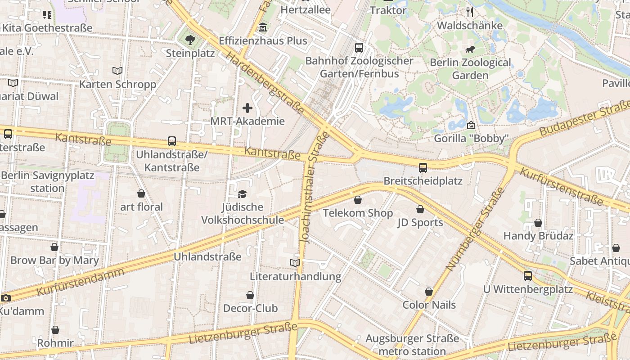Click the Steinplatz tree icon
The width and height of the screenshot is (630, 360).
pos(190,40)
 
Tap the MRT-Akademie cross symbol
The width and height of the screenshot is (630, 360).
pos(247,108)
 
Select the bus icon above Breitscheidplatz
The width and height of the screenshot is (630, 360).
pos(423,168)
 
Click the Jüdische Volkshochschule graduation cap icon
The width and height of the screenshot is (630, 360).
pos(243,194)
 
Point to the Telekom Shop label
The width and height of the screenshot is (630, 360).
pos(358,213)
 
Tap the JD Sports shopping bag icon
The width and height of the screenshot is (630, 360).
pos(420,209)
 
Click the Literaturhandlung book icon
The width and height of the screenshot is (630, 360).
pos(295,263)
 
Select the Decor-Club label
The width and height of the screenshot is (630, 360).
pos(250,308)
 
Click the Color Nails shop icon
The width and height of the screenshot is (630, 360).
pos(429,292)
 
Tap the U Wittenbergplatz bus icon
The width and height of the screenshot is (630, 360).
pos(528,275)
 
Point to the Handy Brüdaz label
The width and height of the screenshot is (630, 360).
pos(538,236)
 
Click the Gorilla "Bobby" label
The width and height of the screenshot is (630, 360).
pos(471,138)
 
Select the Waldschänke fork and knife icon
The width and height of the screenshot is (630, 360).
pos(470,12)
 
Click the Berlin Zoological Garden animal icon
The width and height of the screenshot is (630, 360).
pos(471,49)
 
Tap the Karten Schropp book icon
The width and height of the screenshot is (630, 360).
pos(117,71)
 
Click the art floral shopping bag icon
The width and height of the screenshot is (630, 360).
pos(141,193)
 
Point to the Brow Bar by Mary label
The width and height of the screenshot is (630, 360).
pos(54,260)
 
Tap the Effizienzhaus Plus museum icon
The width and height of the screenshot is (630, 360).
pos(263,28)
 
